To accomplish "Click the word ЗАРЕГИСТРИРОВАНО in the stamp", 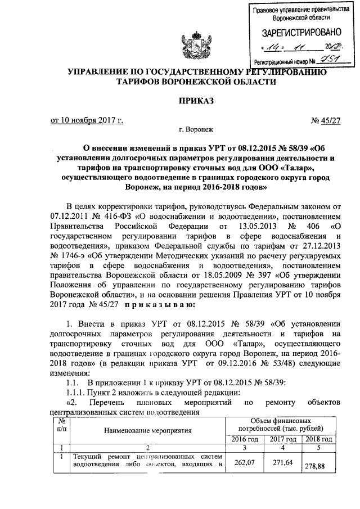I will (298, 33).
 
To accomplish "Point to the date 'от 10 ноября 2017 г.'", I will (87, 120).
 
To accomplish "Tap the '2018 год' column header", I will (319, 439).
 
